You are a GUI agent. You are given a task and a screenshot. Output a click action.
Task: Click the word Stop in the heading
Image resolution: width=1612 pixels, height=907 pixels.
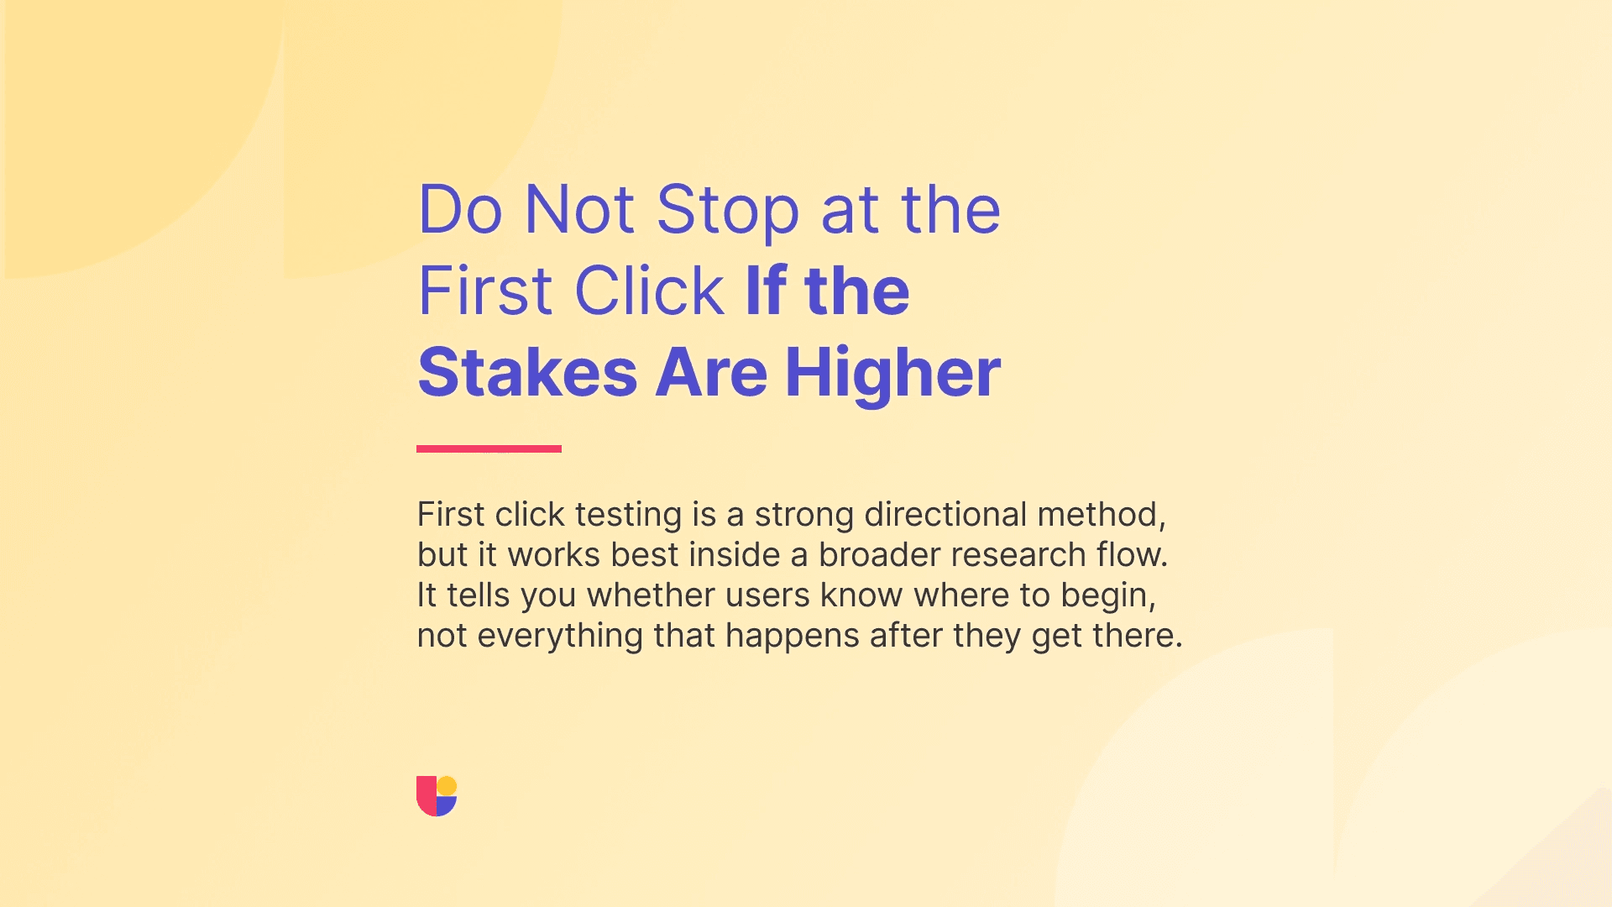[727, 210]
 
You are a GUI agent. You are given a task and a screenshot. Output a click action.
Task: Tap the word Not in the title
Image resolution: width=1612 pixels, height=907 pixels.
[579, 210]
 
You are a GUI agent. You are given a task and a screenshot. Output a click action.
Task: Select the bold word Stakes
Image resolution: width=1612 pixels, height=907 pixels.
[527, 372]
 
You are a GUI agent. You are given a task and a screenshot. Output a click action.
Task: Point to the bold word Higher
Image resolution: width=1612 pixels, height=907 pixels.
[892, 372]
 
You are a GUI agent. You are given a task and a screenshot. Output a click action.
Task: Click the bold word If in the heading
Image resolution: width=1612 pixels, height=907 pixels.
[766, 291]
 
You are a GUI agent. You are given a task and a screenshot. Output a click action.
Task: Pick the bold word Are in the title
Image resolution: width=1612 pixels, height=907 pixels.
[710, 372]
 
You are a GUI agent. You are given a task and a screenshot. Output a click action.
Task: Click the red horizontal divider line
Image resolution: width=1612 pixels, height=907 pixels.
[489, 448]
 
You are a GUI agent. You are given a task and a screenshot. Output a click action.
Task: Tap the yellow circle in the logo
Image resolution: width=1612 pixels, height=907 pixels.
[447, 786]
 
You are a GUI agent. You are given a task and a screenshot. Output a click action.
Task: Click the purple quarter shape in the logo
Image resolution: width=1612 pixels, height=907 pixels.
[446, 806]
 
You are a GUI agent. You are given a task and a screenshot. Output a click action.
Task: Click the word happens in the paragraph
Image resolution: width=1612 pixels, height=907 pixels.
[792, 636]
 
